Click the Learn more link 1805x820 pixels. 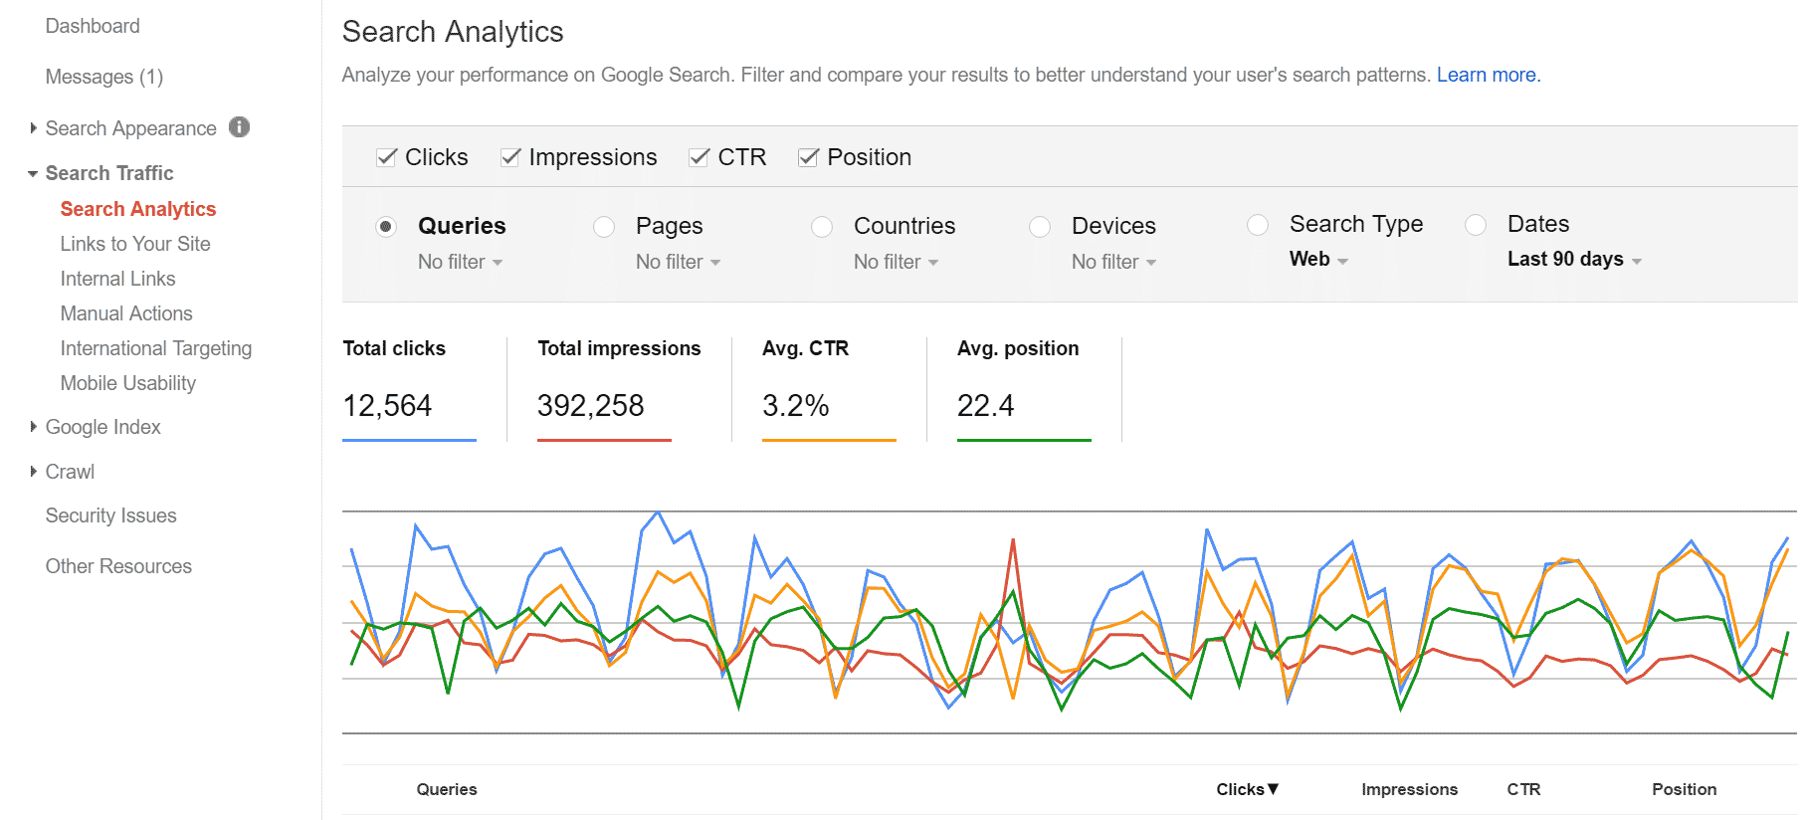pos(1488,75)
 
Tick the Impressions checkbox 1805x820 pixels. pos(510,157)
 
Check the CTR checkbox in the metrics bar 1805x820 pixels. pos(700,157)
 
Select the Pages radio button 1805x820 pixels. pos(604,227)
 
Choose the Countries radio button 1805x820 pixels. pos(822,227)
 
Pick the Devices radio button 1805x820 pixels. pos(1040,227)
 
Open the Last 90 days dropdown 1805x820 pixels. pos(1574,260)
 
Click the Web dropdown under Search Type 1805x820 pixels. pos(1318,260)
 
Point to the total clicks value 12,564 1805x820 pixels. pos(387,406)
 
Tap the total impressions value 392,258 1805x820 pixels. pos(590,406)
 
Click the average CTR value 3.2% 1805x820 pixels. pos(795,406)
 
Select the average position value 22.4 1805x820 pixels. pos(985,406)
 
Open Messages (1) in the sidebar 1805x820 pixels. pos(103,77)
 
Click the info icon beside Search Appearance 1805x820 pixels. pos(240,127)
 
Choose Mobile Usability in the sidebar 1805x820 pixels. pos(127,383)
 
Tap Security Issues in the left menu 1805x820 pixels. pos(110,515)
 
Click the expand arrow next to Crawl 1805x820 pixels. pos(33,472)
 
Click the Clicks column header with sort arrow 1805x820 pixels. pos(1247,789)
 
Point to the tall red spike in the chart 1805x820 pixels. pos(1013,542)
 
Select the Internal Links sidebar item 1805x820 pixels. pos(117,279)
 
